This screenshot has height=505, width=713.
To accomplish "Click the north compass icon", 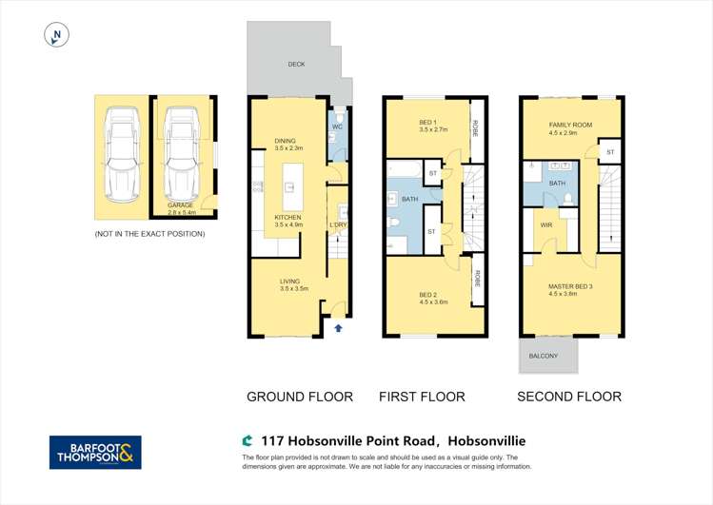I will (58, 36).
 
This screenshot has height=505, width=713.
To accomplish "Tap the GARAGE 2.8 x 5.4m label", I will (181, 209).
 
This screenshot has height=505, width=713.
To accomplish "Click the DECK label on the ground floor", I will (297, 65).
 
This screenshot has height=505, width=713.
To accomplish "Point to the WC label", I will (337, 126).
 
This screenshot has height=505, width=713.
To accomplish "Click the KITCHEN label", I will (287, 222).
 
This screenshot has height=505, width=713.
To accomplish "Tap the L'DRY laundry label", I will (338, 224).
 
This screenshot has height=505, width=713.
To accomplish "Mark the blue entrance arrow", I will (338, 328).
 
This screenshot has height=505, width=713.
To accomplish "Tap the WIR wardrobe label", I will (545, 225).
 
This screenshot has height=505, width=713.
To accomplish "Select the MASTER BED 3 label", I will (570, 289).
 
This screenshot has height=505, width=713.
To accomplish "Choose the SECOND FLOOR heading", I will (569, 397).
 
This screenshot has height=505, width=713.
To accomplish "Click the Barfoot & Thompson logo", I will (95, 453).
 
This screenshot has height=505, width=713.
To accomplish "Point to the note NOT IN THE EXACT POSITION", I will (149, 234).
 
